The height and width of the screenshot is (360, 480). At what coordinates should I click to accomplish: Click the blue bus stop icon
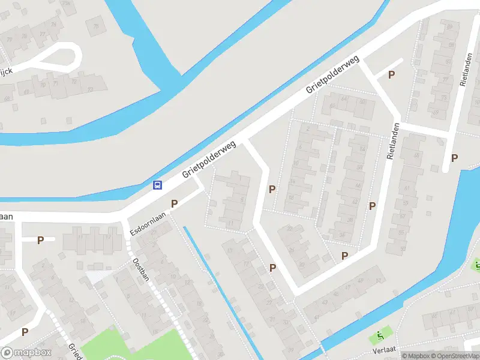coord(157,185)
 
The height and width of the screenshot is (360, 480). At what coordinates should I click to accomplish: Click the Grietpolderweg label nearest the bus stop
coord(209,160)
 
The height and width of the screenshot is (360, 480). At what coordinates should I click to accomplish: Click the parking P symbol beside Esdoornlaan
coord(175,204)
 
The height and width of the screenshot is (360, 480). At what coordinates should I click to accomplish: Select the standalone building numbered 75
coord(95,25)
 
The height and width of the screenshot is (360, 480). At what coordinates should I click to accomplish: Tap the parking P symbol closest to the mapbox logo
coord(25,331)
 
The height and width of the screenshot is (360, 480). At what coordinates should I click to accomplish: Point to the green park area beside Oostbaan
coord(132,345)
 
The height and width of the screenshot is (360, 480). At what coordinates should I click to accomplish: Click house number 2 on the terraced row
coord(307,128)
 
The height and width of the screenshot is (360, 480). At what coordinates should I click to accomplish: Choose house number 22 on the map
coord(289,228)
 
